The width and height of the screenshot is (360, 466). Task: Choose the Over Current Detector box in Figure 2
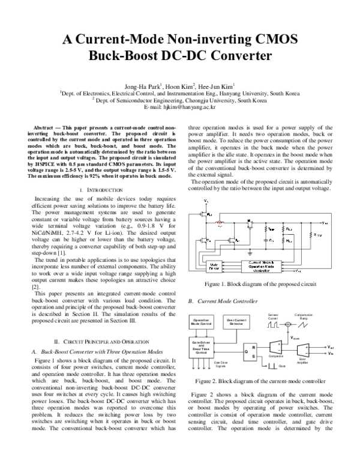(x=237, y=323)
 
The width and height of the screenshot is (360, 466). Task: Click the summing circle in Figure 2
(x=289, y=325)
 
